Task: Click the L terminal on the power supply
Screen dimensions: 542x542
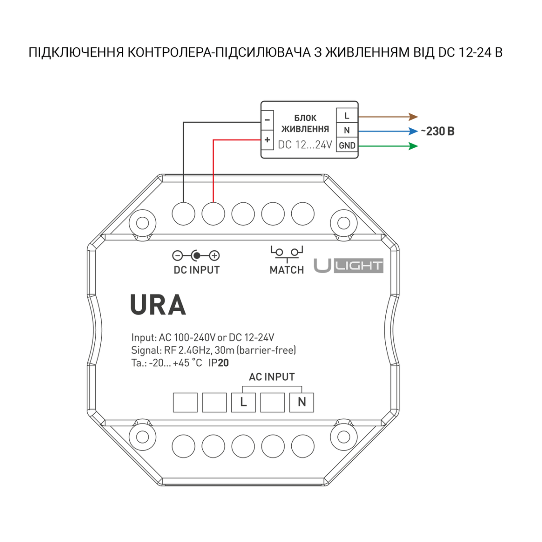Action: click(x=347, y=116)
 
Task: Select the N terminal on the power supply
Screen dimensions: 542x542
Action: click(x=347, y=131)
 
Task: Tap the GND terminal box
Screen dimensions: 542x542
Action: click(x=347, y=145)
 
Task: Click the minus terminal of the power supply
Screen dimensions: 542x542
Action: click(x=267, y=120)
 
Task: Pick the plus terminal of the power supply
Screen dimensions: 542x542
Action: click(x=267, y=140)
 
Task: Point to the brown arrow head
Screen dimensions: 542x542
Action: click(x=413, y=117)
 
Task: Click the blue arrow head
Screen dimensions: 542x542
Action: click(x=413, y=131)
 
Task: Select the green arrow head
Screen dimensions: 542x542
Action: click(x=413, y=146)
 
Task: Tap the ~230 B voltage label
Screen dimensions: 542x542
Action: click(x=438, y=131)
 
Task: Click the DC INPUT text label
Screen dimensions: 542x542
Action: click(x=196, y=270)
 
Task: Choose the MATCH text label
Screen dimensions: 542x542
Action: click(x=287, y=270)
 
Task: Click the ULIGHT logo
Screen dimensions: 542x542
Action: click(x=348, y=266)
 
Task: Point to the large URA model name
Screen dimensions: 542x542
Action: click(x=158, y=305)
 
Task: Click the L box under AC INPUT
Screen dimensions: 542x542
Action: click(x=243, y=402)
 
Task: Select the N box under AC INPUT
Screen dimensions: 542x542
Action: click(x=302, y=402)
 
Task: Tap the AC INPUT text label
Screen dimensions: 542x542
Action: click(x=272, y=377)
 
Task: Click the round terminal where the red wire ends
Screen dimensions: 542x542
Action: click(x=213, y=213)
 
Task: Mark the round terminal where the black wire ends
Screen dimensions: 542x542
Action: click(x=183, y=213)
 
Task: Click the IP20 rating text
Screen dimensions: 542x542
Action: click(x=219, y=363)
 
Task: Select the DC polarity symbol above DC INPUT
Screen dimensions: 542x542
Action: click(x=196, y=256)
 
